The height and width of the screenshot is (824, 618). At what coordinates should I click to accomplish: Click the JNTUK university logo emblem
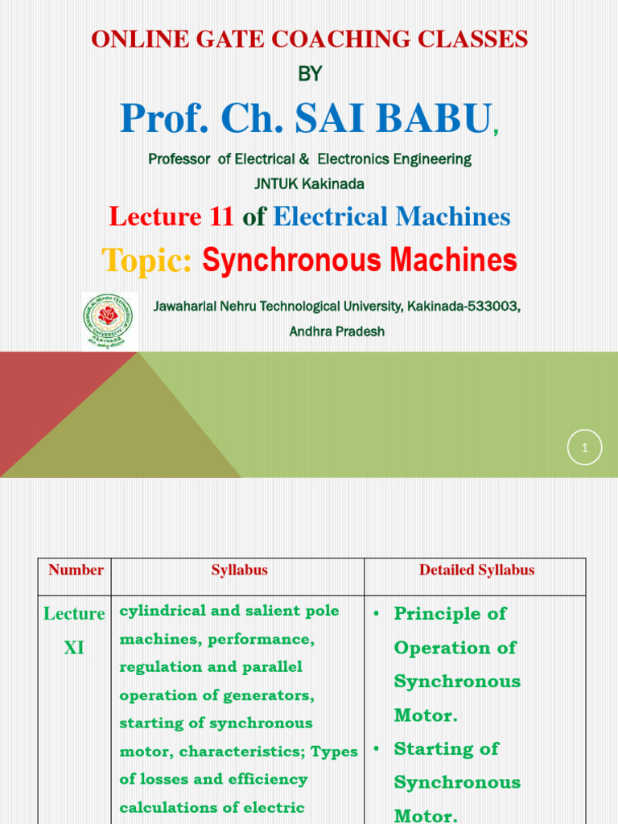(x=109, y=321)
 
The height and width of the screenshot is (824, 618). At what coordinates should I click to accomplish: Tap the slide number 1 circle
(x=584, y=448)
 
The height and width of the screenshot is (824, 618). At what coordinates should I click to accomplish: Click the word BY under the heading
(x=310, y=74)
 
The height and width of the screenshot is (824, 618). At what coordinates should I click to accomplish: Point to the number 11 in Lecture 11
(x=220, y=216)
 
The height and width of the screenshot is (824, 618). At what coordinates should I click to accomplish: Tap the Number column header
(x=76, y=570)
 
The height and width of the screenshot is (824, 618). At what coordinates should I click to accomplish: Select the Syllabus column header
(x=239, y=570)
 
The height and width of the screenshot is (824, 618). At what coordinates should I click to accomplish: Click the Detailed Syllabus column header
(x=476, y=570)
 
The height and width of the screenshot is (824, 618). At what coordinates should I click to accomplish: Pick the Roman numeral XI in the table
(x=74, y=648)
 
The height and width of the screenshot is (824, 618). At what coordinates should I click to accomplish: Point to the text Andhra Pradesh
(x=336, y=332)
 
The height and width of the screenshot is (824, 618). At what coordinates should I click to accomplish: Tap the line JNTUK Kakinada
(x=309, y=184)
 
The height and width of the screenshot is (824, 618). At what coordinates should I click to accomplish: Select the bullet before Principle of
(x=376, y=614)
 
